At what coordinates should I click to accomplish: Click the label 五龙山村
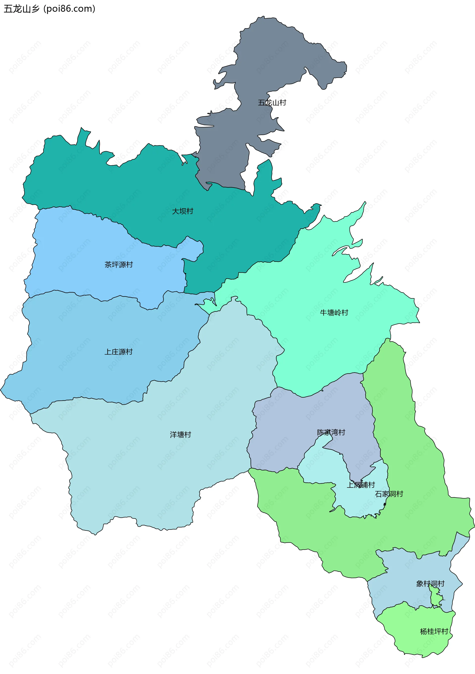pyautogui.click(x=272, y=103)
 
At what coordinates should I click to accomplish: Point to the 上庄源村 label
pyautogui.click(x=119, y=352)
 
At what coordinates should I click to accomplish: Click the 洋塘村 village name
pyautogui.click(x=180, y=435)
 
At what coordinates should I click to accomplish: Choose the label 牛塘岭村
pyautogui.click(x=334, y=313)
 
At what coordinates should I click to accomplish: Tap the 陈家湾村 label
pyautogui.click(x=331, y=432)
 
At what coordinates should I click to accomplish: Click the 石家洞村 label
pyautogui.click(x=389, y=494)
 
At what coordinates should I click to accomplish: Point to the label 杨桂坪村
pyautogui.click(x=434, y=631)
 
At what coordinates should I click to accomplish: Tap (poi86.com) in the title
pyautogui.click(x=69, y=9)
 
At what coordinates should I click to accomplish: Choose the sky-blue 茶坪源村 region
pyautogui.click(x=88, y=250)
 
